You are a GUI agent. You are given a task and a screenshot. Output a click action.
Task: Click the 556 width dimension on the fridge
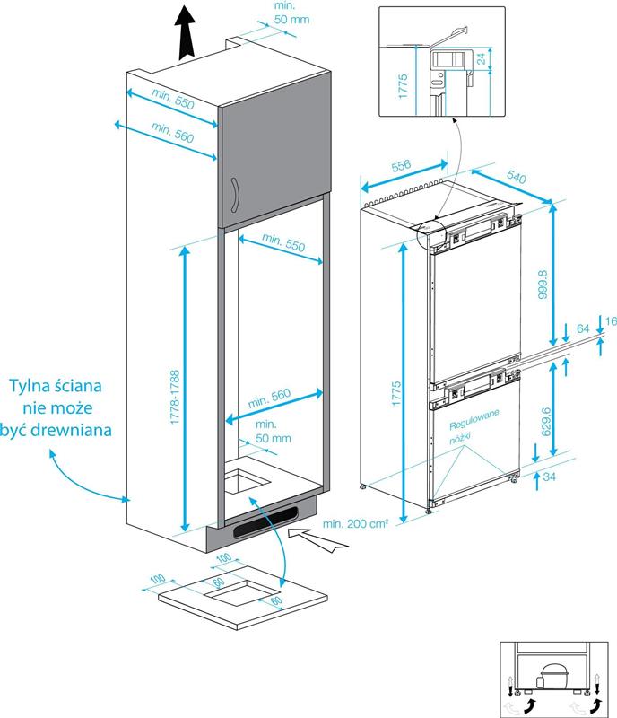[x=401, y=166]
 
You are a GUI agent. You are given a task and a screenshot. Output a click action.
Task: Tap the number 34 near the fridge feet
[x=548, y=477]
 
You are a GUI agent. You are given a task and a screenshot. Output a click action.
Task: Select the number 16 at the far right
[x=609, y=321]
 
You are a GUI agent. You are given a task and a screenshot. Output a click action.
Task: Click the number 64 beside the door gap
[x=584, y=330]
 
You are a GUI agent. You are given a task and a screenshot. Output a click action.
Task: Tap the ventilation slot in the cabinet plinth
[x=265, y=524]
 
